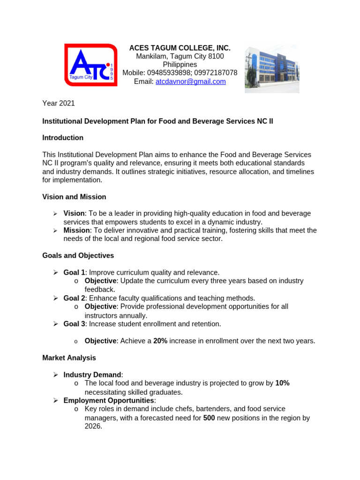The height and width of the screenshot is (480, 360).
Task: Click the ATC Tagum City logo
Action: pos(90,65)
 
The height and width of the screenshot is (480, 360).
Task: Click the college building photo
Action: pos(272,69)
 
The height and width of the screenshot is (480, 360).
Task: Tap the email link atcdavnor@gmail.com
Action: pos(190,82)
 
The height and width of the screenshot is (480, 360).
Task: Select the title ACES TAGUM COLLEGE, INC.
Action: pos(180,48)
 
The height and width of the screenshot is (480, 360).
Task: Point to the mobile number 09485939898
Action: pos(168,73)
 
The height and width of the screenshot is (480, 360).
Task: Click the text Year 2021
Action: pos(59,103)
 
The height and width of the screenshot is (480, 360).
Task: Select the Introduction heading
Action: pos(63,138)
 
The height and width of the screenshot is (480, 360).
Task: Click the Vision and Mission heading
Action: pos(74,197)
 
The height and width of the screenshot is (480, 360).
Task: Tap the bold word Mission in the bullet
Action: pos(77,230)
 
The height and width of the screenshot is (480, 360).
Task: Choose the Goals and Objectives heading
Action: pos(78,255)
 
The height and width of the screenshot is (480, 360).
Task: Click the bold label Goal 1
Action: pos(75,272)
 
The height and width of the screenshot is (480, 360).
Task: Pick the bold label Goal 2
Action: pos(75,298)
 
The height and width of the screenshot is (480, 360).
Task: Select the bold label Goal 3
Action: pos(75,323)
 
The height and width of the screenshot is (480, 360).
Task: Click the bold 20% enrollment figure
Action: pos(160,341)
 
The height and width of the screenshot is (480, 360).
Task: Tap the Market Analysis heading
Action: pos(69,358)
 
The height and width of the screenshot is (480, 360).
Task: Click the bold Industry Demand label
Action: pos(92,375)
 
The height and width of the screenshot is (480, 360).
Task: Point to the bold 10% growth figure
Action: pos(282,383)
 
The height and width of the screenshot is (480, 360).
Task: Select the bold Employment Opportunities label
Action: pos(109,400)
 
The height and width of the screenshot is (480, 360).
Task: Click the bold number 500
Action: pos(209,418)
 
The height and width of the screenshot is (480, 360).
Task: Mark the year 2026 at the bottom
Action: pos(93,426)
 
